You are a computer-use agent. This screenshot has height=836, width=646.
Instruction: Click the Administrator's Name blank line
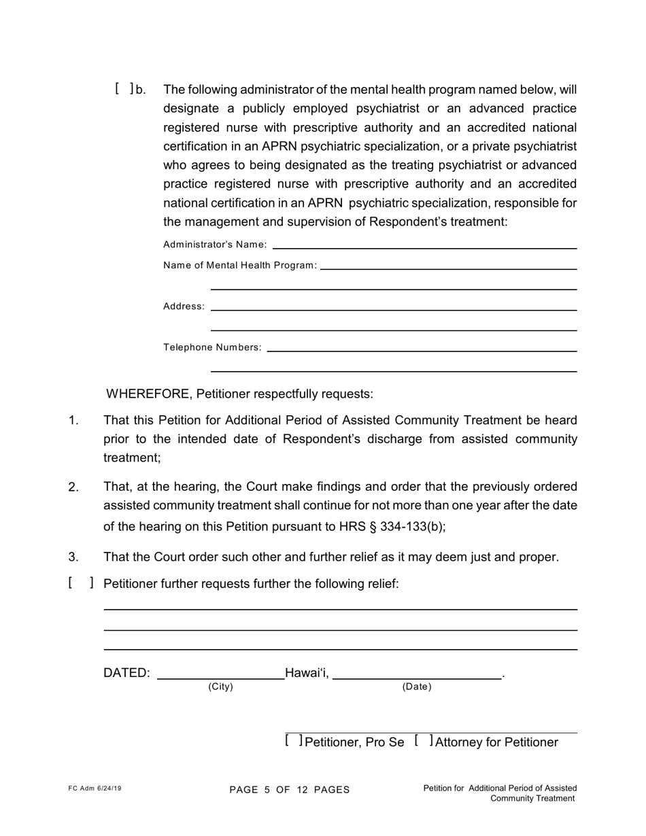click(x=424, y=245)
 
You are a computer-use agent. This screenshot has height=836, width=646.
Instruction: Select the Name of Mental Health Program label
click(x=240, y=265)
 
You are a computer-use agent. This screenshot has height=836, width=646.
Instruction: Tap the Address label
click(x=184, y=307)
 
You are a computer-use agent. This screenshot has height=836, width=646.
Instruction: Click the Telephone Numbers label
click(x=212, y=347)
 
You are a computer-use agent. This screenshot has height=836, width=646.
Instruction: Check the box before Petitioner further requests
click(x=81, y=583)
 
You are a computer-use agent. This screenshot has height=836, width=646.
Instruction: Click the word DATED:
click(x=126, y=673)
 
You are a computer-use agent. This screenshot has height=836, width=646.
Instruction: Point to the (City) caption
click(x=220, y=686)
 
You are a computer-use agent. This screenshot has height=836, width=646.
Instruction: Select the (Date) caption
click(x=417, y=686)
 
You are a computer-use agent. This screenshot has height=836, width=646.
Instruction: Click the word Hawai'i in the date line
click(x=307, y=673)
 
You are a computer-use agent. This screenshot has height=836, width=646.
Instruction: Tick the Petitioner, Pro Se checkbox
click(x=294, y=741)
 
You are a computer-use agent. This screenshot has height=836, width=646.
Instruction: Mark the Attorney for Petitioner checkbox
click(x=424, y=741)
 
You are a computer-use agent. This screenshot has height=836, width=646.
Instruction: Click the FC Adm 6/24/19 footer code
click(x=95, y=788)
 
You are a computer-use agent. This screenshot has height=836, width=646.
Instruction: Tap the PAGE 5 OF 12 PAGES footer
click(x=290, y=790)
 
